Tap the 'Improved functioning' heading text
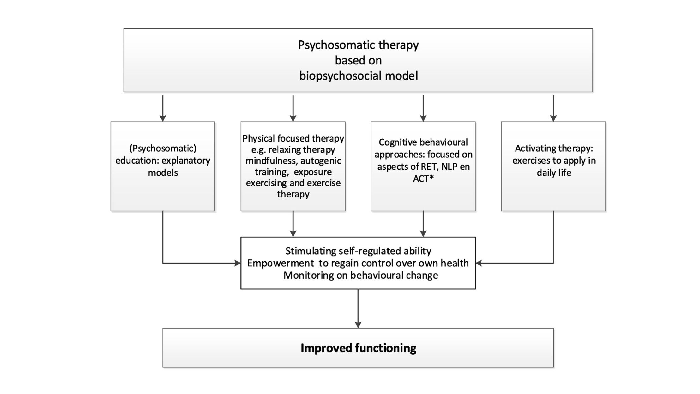tap(358, 348)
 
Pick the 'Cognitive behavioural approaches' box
tap(423, 196)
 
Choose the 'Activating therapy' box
tap(553, 193)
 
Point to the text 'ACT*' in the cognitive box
tap(423, 179)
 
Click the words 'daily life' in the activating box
tap(554, 173)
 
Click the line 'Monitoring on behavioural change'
tap(360, 275)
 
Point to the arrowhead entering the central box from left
tap(238, 263)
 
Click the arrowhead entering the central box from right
tap(479, 263)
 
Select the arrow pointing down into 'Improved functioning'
tap(358, 324)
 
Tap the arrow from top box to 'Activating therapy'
tap(553, 109)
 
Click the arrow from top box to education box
tap(163, 109)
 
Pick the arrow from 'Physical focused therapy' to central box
tap(293, 224)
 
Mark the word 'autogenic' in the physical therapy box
tap(321, 161)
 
